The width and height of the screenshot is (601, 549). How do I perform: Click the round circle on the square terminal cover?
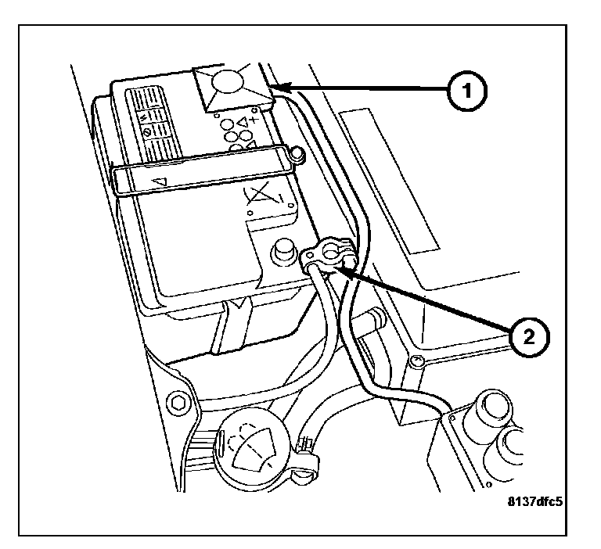[228, 85]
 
